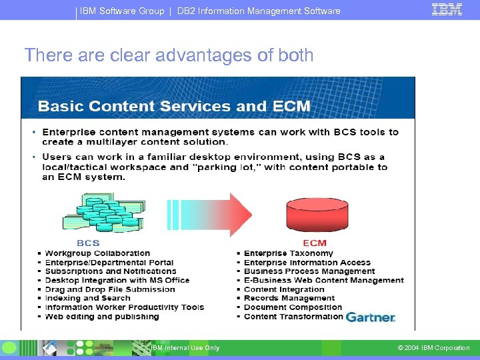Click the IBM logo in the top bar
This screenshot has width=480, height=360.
447,9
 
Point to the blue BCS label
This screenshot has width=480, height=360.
88,243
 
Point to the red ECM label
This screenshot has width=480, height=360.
315,243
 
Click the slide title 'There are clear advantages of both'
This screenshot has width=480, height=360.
169,55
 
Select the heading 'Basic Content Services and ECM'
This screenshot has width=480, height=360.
174,106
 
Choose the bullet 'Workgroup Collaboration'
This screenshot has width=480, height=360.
97,253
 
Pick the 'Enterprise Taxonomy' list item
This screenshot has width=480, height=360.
288,253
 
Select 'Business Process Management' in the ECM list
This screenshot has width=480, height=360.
309,271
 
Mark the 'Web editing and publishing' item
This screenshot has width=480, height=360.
101,317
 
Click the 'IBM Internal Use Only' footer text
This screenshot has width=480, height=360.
185,348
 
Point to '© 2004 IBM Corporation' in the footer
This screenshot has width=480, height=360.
433,348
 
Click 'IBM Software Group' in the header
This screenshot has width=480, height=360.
122,11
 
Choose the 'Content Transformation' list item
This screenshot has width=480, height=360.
293,317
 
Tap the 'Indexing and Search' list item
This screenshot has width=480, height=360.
87,299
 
